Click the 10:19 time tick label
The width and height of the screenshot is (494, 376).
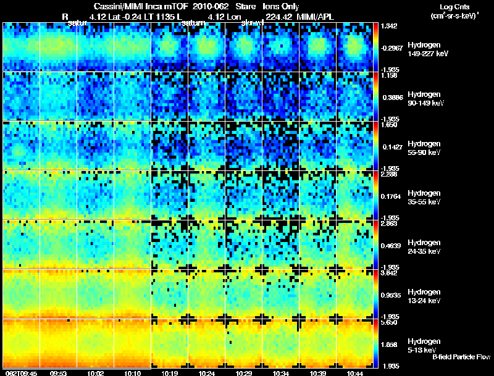pos(169,373)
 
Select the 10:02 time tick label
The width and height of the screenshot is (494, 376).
pos(95,373)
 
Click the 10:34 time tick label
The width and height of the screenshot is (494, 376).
pos(281,373)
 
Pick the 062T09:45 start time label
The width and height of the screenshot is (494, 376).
pos(20,373)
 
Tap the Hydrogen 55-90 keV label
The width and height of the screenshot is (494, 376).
pos(424,148)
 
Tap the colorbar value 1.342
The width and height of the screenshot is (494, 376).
pos(389,26)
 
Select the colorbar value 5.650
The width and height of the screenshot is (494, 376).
pos(389,322)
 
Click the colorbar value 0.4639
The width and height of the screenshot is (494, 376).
pos(390,246)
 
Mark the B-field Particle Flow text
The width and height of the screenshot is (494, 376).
pos(461,357)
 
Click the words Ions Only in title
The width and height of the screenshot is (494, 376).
pos(282,7)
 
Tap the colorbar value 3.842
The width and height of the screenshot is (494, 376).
pos(389,273)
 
